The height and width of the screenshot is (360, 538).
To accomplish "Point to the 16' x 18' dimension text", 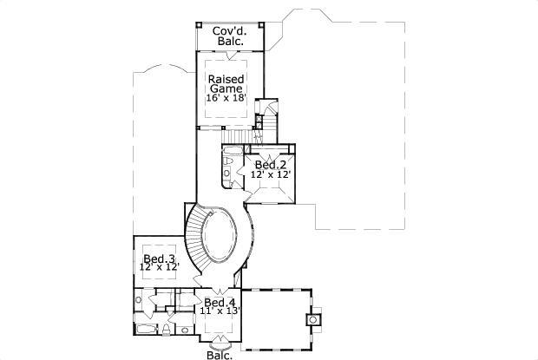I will [227, 98].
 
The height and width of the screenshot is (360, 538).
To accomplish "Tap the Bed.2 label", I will [270, 164].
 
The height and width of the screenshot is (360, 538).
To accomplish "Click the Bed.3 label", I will [159, 259].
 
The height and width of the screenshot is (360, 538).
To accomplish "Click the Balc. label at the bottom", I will [219, 354].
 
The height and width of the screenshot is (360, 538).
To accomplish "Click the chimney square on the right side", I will [312, 319].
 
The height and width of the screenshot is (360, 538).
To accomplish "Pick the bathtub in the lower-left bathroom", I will [146, 329].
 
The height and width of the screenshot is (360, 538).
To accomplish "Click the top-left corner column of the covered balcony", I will [198, 24].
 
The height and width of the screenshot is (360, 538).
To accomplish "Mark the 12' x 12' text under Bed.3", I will [159, 268].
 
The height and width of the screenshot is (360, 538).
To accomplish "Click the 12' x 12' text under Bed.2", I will [270, 174].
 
